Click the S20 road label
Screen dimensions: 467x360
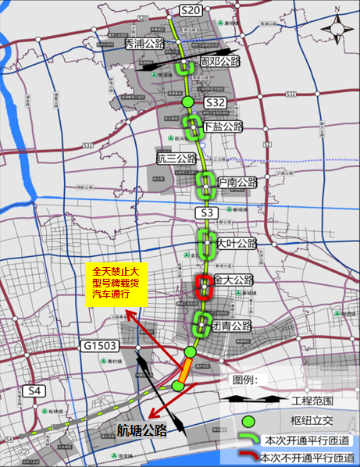click(191, 9)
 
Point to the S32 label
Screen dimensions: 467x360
click(215, 102)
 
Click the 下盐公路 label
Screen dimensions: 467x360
click(223, 127)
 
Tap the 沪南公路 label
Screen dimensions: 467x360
click(237, 182)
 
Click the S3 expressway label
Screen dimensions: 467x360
click(206, 213)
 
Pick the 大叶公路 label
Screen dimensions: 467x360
click(237, 244)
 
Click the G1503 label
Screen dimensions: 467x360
click(99, 345)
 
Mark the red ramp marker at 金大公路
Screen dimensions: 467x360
click(204, 287)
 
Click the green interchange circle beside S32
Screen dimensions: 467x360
click(187, 102)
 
